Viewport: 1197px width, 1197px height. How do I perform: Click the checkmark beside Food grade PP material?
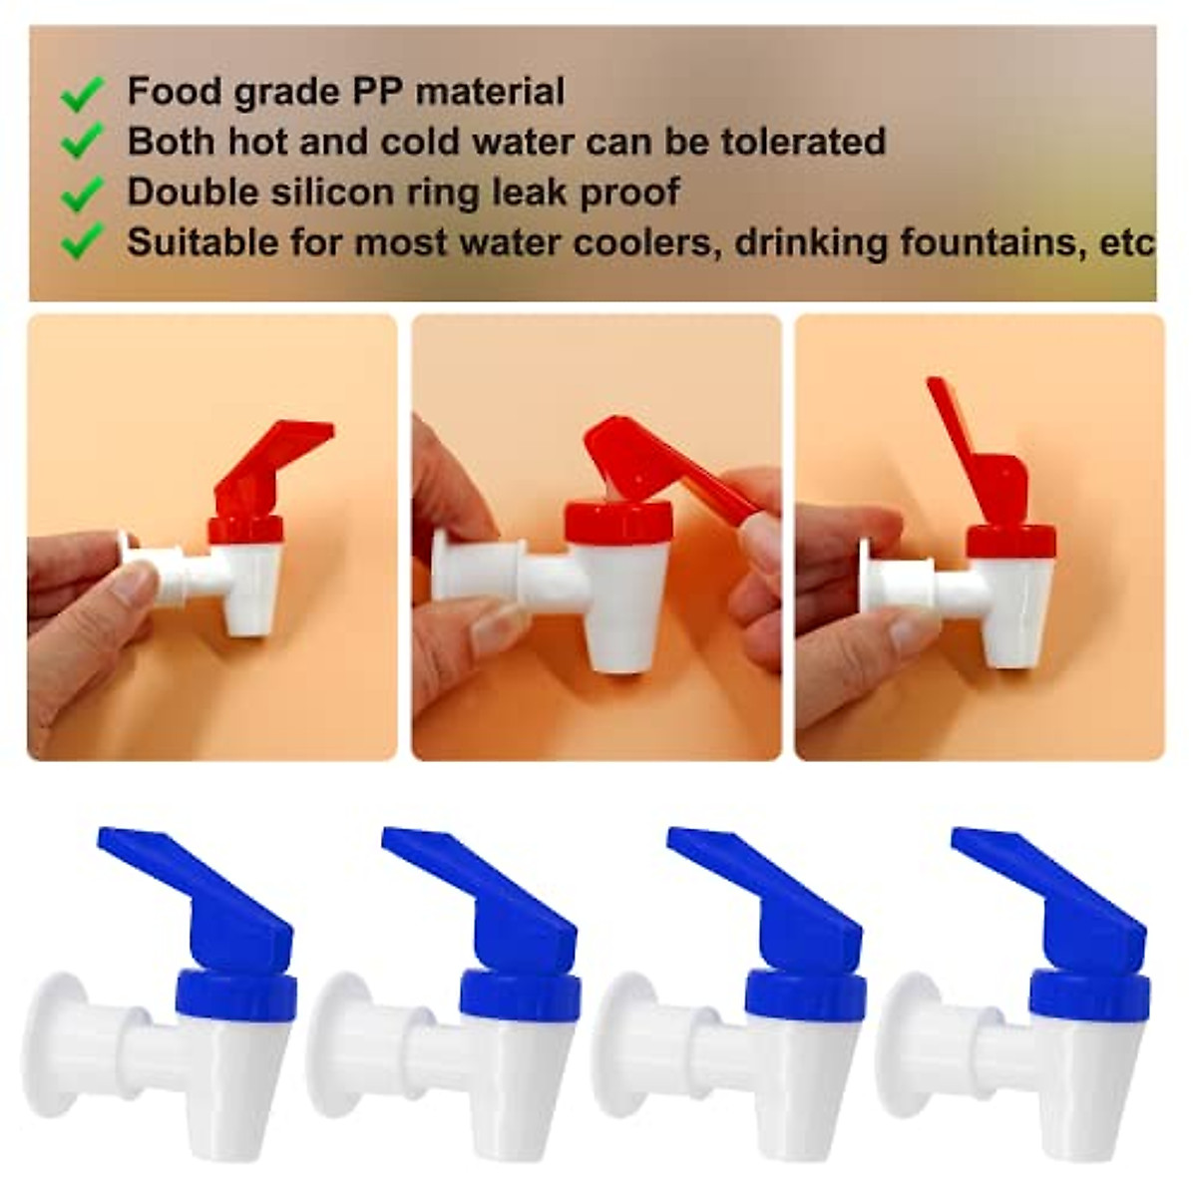83,94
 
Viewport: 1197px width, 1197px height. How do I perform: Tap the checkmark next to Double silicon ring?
83,193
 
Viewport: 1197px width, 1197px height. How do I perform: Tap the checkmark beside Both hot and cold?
83,143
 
